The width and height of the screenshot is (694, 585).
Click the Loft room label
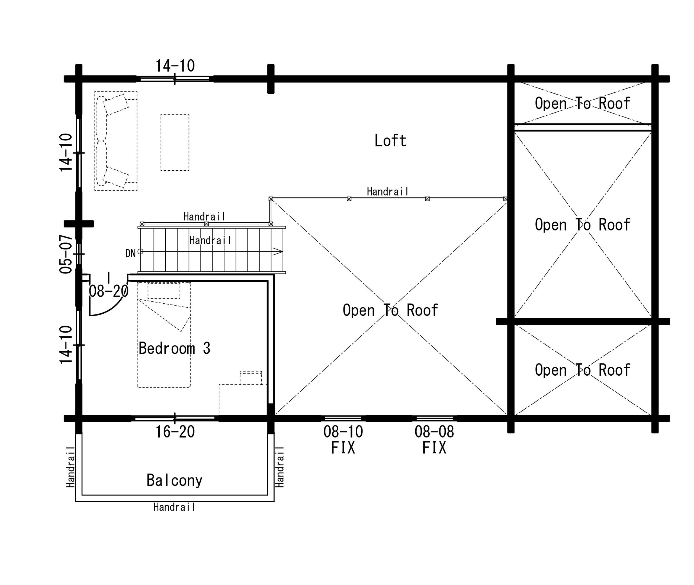390,141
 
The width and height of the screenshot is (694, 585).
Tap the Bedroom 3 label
174,348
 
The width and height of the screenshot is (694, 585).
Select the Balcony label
174,480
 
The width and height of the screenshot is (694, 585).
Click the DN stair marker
130,253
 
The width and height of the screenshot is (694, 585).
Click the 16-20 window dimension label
175,432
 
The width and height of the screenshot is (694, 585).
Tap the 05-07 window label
66,254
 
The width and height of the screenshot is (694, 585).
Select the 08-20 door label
108,291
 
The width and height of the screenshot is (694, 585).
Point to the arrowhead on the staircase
278,251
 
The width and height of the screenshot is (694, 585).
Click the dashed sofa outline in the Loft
116,141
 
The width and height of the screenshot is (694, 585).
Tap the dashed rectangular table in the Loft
175,143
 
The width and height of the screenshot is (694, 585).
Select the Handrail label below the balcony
174,507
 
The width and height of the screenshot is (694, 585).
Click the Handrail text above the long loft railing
388,192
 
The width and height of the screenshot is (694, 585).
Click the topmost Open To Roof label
583,103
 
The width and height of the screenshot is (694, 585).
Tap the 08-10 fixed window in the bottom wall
343,418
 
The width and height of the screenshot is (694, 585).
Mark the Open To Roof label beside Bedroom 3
390,310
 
